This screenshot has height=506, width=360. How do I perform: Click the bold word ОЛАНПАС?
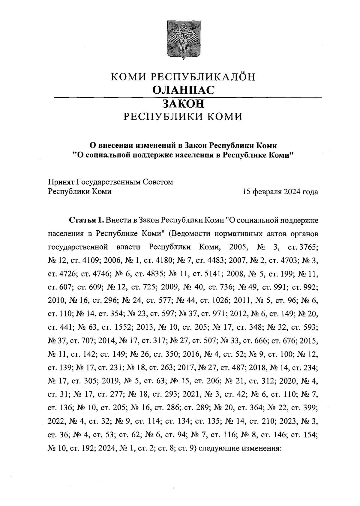(x=183, y=90)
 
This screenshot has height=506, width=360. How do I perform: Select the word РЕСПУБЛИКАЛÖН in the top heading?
(x=202, y=77)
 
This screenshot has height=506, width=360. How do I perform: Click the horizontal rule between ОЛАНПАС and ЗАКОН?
(x=187, y=97)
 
